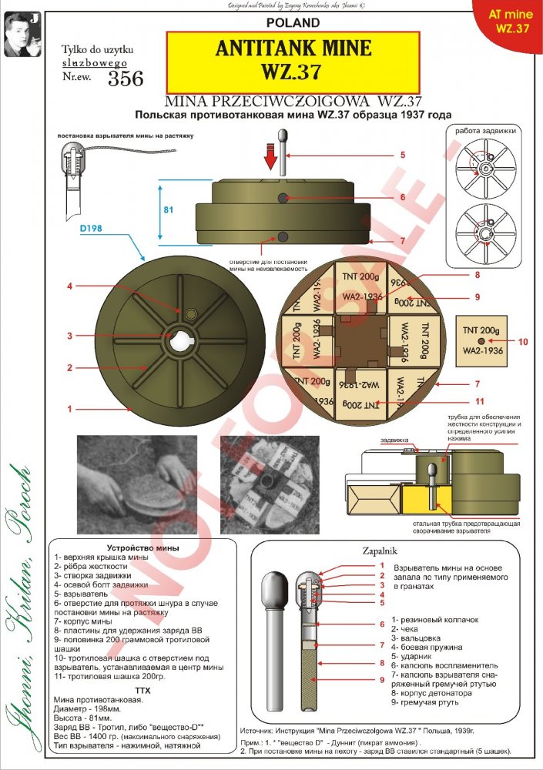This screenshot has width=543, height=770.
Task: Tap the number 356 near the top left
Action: (x=126, y=79)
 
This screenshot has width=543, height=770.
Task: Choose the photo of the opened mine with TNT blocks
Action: (x=265, y=479)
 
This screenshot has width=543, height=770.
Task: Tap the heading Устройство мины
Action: (x=138, y=547)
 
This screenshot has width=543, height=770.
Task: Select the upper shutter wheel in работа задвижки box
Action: (x=486, y=168)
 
